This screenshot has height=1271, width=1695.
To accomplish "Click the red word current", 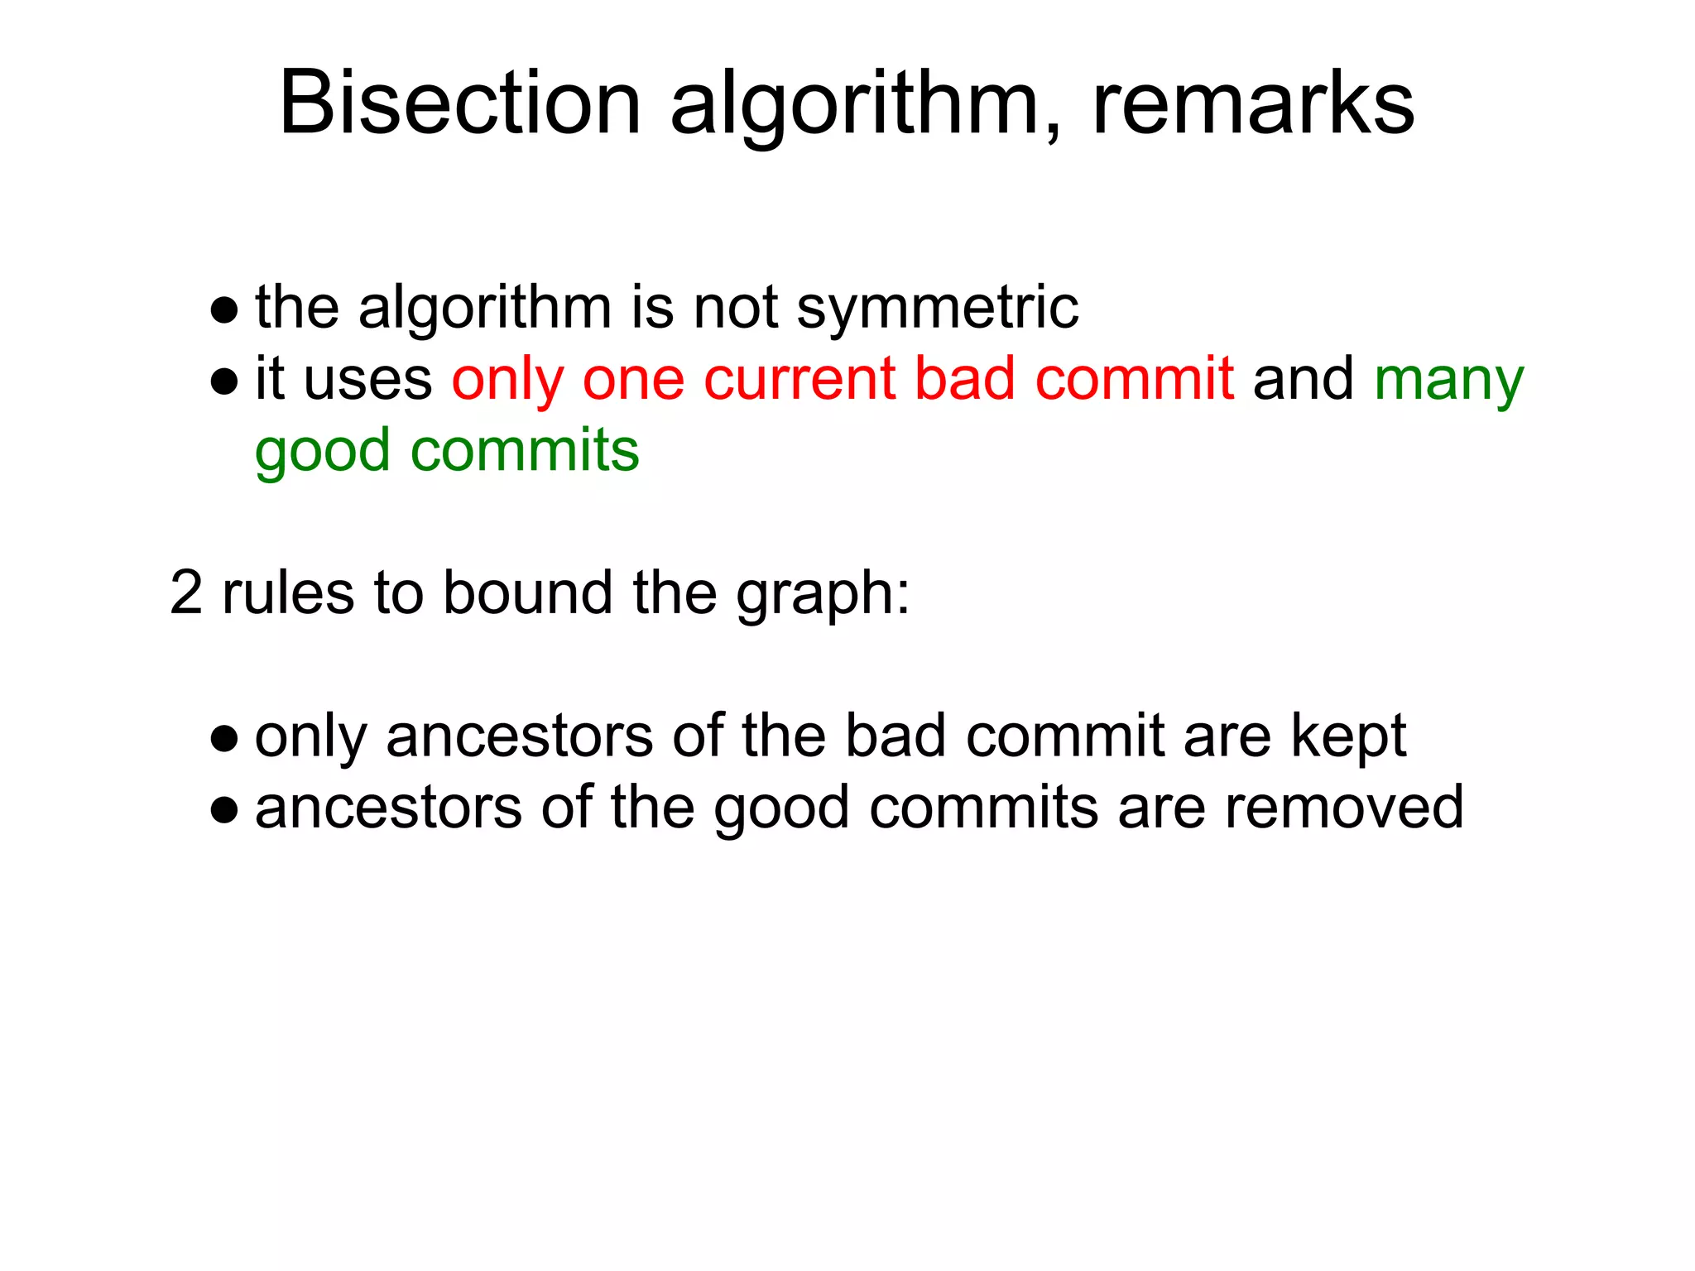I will coord(799,379).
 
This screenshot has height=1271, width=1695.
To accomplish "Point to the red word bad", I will coord(965,379).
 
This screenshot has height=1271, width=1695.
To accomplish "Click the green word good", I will coord(322,452).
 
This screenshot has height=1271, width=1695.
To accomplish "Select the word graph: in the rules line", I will coord(823,594).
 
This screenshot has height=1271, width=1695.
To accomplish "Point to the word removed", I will coord(1344,808).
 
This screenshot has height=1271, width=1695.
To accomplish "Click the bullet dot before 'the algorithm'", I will coord(224,310).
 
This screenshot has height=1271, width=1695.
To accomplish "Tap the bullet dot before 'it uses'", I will coord(224,381).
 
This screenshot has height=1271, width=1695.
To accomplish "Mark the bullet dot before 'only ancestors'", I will coord(224,738).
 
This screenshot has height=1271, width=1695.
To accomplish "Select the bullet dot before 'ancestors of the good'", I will coord(224,810).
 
